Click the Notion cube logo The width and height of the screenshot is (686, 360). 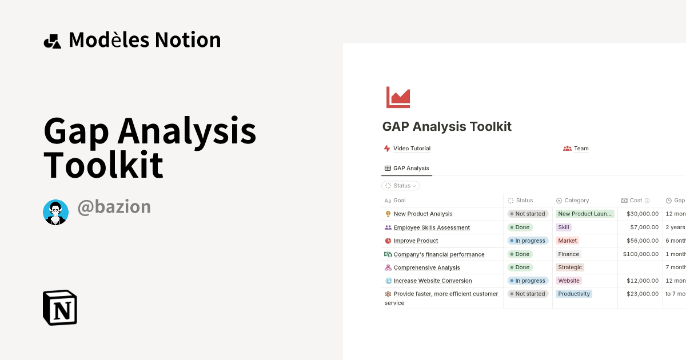click(x=60, y=307)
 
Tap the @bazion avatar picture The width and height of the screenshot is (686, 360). click(x=55, y=213)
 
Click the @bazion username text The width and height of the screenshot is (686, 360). click(x=114, y=206)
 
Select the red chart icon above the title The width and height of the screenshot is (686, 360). click(x=398, y=97)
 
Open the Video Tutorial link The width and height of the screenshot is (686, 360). click(x=412, y=149)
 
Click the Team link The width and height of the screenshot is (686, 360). click(x=581, y=149)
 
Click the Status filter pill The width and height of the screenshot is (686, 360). click(x=401, y=186)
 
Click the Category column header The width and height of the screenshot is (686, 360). click(x=576, y=201)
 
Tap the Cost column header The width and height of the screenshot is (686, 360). click(x=636, y=201)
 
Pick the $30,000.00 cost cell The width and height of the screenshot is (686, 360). click(x=643, y=214)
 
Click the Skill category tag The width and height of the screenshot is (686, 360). click(x=564, y=227)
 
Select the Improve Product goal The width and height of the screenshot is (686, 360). click(x=416, y=241)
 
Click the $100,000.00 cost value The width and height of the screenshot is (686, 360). click(x=641, y=254)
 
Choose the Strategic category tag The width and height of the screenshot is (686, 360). click(x=570, y=267)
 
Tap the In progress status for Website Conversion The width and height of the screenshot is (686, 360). click(x=528, y=281)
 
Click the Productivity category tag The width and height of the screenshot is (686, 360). click(x=574, y=294)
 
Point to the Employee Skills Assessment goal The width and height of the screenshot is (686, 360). click(x=432, y=227)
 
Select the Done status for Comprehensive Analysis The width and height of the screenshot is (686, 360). click(x=520, y=267)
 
